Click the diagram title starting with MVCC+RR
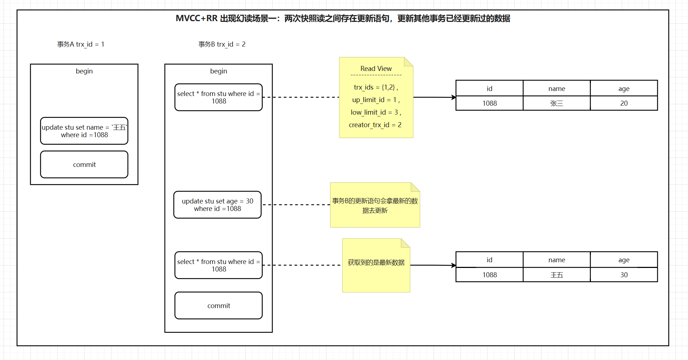click(343, 18)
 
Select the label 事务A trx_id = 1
click(81, 44)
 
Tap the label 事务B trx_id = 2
click(222, 44)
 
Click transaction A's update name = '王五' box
click(84, 131)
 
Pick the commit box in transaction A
click(84, 164)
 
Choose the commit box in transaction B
click(219, 306)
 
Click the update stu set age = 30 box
click(218, 205)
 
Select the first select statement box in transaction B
click(219, 97)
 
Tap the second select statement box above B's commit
click(219, 265)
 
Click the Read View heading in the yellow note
click(376, 68)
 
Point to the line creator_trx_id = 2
click(375, 125)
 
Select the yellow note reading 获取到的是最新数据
click(376, 265)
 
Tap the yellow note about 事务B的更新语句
click(375, 205)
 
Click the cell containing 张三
click(556, 103)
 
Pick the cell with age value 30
click(624, 275)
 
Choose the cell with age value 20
click(624, 103)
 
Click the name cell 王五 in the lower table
click(556, 275)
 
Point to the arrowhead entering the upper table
click(454, 97)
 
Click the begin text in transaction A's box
click(84, 71)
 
